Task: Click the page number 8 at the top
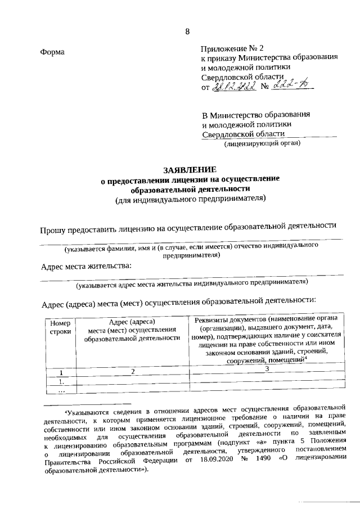[x=187, y=31]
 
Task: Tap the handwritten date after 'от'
[x=233, y=87]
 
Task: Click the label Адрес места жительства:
[x=86, y=266]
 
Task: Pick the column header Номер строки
[x=60, y=327]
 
